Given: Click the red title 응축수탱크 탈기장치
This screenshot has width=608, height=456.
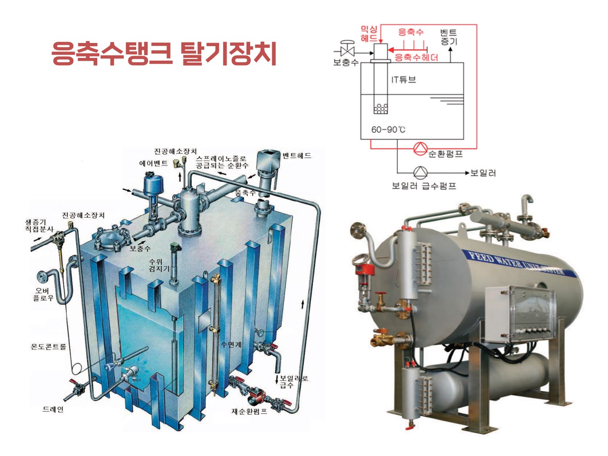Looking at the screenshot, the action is [x=164, y=53].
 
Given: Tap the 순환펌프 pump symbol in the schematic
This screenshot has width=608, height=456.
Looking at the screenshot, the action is [x=420, y=148].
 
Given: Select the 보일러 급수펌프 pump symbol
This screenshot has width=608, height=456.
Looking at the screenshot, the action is [x=420, y=172].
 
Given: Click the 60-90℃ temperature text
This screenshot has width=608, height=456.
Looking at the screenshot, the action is [x=388, y=129].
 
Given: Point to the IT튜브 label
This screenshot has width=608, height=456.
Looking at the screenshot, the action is [x=403, y=80].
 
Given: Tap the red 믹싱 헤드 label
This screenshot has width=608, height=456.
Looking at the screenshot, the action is [x=369, y=34].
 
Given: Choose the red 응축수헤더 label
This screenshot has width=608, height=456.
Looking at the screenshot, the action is [x=416, y=57].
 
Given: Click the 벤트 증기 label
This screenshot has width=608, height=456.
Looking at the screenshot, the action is [x=449, y=37].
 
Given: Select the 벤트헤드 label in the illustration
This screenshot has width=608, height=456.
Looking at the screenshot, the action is [x=297, y=155].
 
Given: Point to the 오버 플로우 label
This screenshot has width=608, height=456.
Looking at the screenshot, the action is [x=43, y=294].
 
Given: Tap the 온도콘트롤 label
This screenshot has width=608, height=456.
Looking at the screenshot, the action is [x=48, y=347].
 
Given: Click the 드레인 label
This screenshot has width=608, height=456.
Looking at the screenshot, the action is [x=53, y=409].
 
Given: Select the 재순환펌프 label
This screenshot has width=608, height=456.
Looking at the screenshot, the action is [x=249, y=411].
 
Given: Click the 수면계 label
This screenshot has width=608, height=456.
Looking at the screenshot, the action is [x=231, y=344].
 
